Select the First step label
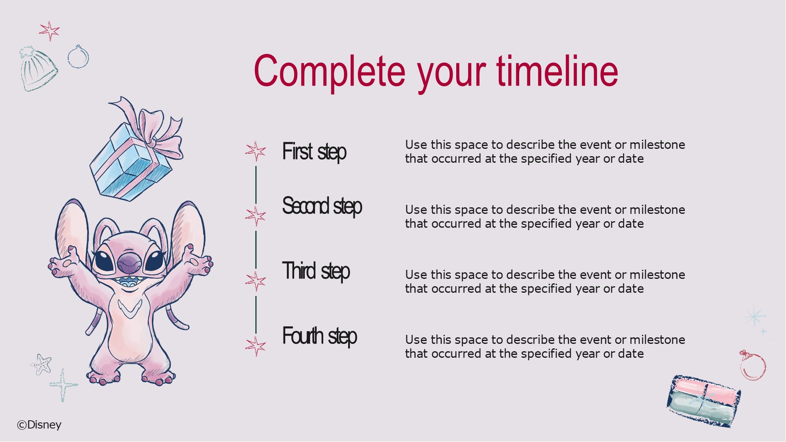tap(314, 152)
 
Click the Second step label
tap(322, 206)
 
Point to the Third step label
tap(316, 271)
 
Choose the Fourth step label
tap(320, 336)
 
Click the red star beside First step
tap(256, 151)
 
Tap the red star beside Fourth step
tap(256, 346)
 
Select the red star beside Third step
tap(256, 281)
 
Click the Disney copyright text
tap(39, 425)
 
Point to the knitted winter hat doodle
tap(38, 68)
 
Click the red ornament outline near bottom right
tap(752, 365)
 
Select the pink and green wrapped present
tap(704, 401)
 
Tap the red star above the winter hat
tap(50, 31)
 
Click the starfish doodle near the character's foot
tap(41, 364)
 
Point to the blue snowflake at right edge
tap(754, 316)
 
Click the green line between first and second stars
tap(256, 185)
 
